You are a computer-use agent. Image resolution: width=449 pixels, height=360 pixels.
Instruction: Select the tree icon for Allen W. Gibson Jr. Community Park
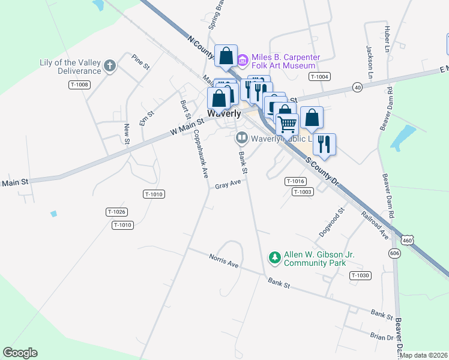coord(274,258)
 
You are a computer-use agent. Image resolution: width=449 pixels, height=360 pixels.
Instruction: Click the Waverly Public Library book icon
coord(241,139)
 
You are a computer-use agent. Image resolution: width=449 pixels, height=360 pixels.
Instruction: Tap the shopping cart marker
coord(288,125)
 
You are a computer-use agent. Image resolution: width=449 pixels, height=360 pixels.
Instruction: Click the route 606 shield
coord(394,254)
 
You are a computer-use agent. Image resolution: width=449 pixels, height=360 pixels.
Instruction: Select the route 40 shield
coord(357,87)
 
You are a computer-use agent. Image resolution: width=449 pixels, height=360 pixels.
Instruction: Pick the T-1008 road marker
coord(79,85)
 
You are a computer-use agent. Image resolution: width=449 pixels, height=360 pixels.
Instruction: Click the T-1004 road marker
coord(319,76)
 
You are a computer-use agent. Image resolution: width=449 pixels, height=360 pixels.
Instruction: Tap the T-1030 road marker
coord(361,275)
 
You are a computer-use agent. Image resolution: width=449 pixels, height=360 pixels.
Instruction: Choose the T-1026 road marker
coord(116,212)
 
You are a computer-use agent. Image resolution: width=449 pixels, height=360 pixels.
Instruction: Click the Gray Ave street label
coord(228,184)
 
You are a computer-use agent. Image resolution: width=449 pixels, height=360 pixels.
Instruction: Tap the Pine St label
coord(140,62)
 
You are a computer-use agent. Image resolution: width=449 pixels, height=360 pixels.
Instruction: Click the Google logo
coord(20,353)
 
